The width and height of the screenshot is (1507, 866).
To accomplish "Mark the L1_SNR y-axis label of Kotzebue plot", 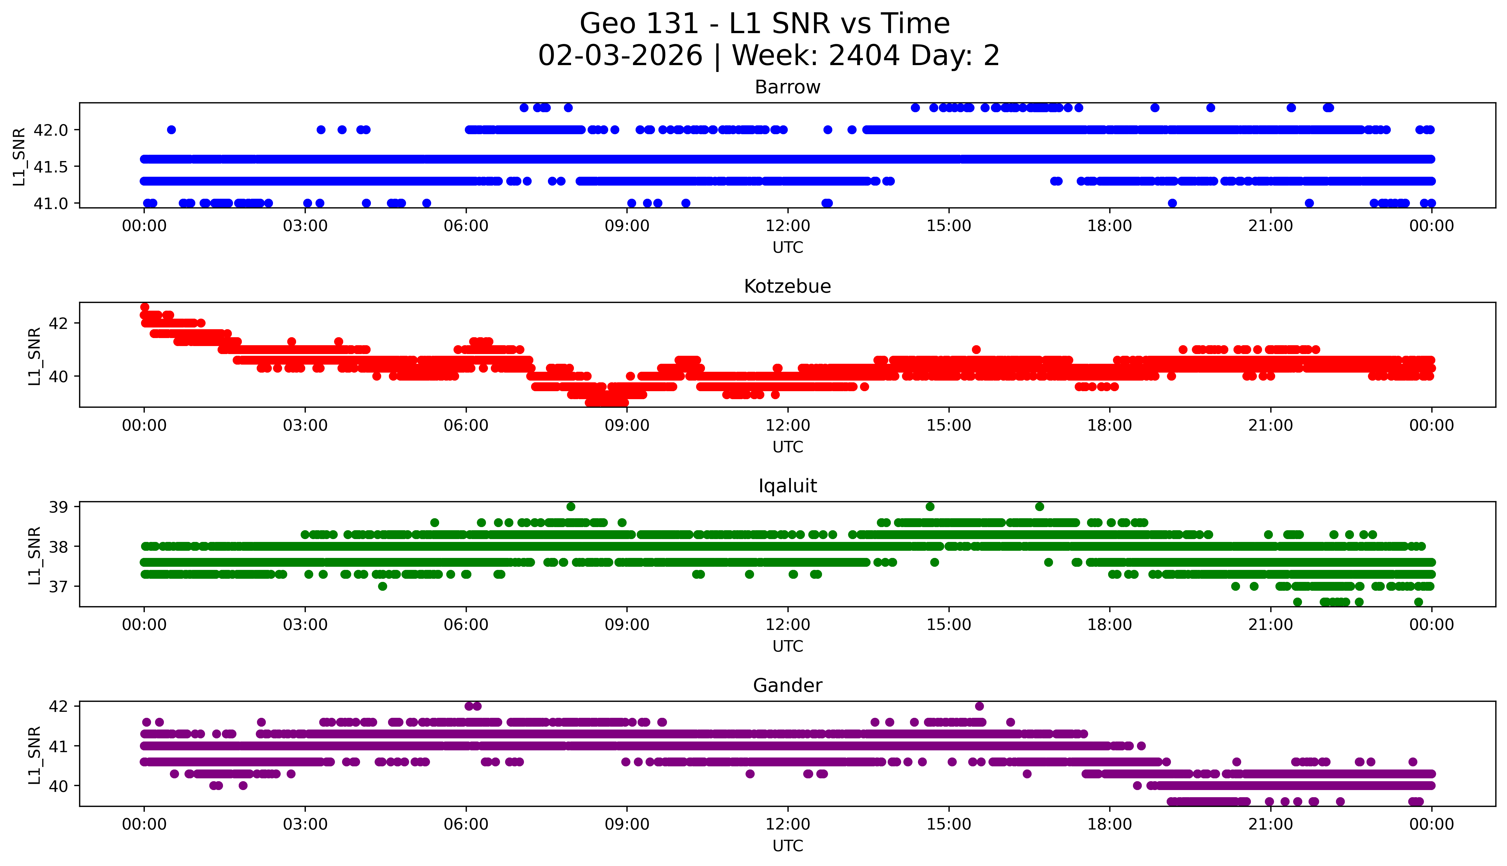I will click(35, 356).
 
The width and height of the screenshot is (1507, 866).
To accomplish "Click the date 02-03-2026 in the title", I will click(620, 56).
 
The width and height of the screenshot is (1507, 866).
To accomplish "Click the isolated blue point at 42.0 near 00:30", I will click(171, 130).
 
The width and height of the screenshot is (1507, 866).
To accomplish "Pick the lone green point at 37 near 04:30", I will click(382, 586).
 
